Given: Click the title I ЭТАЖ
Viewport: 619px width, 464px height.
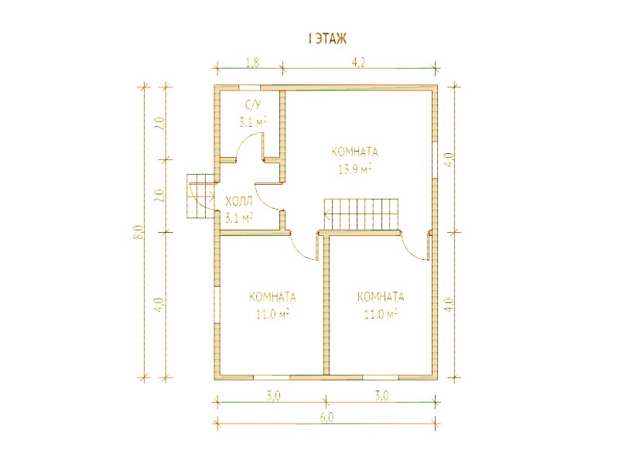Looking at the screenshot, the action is click(327, 39).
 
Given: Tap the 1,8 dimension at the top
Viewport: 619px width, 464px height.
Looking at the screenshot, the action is click(252, 63).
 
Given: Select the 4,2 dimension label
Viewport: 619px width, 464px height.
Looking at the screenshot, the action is click(357, 63).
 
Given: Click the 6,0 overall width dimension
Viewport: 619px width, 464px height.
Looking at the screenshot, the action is click(327, 418).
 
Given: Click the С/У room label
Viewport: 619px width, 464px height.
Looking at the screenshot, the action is click(254, 105).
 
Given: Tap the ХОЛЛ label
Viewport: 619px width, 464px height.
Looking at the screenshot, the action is click(239, 203).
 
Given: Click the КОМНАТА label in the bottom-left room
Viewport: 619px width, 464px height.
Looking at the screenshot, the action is click(273, 297).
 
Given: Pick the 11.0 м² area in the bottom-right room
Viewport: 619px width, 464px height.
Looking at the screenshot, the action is click(381, 314).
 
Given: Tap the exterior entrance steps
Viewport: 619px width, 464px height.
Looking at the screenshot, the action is click(200, 196).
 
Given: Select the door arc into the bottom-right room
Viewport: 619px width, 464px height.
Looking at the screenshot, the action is click(411, 251).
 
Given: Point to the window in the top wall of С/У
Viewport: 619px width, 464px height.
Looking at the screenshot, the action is click(249, 87).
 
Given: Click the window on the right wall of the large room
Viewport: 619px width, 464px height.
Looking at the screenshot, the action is click(435, 159).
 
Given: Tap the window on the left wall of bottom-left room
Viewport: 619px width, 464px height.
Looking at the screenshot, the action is click(217, 304).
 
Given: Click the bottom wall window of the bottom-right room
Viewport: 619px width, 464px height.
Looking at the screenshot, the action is click(381, 377).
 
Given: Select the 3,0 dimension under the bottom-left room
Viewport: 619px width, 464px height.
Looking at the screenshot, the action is click(273, 396).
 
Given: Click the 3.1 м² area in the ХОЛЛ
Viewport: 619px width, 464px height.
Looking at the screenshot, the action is click(239, 218).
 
